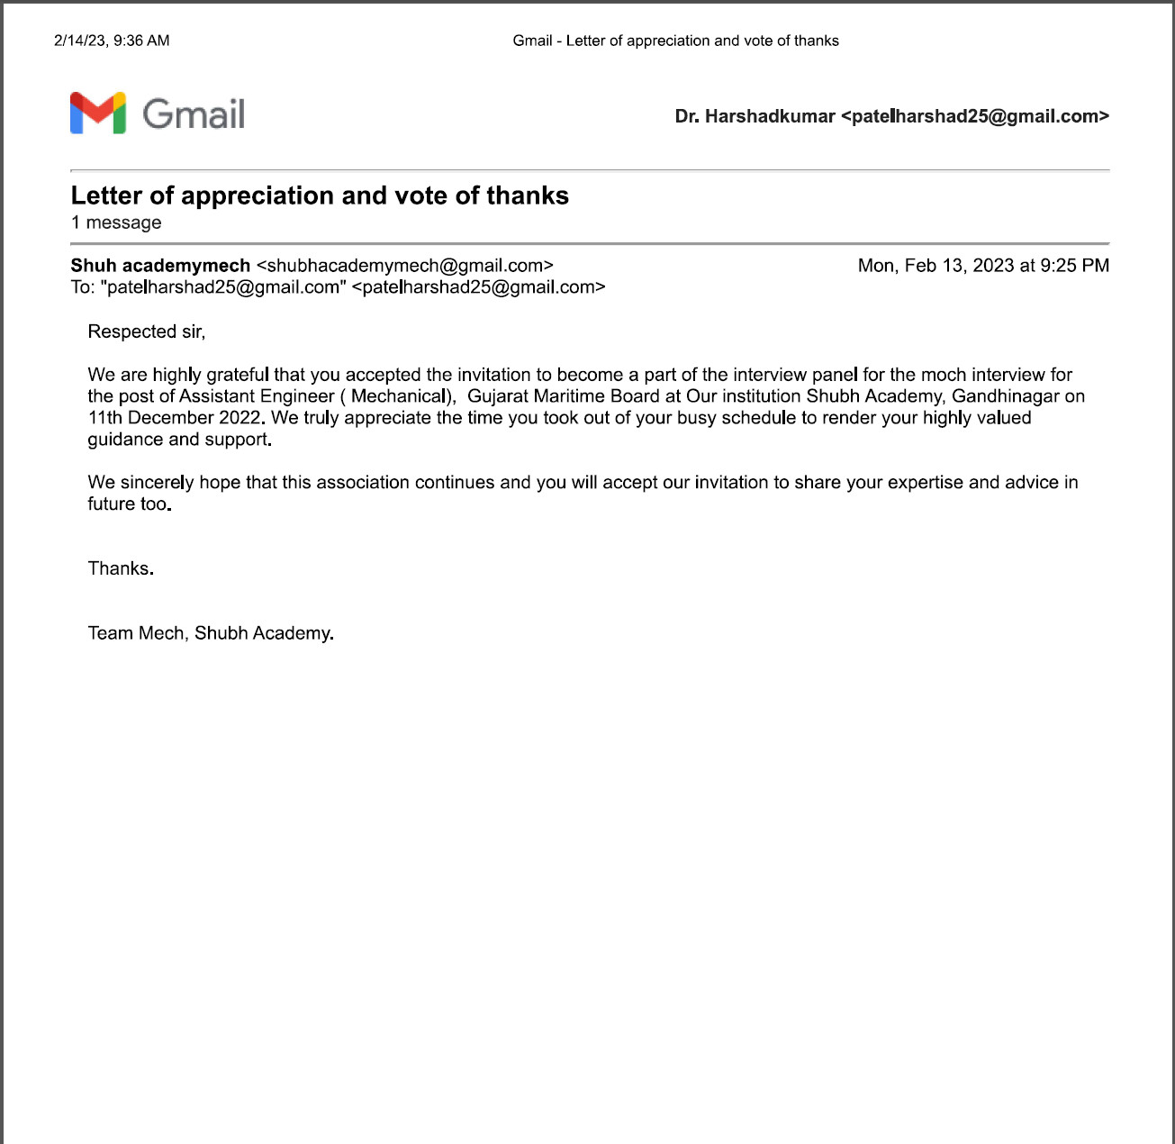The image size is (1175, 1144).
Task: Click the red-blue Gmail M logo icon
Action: pyautogui.click(x=97, y=113)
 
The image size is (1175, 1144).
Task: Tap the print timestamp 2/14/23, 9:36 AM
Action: pyautogui.click(x=112, y=41)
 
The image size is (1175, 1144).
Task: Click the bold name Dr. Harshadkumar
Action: pyautogui.click(x=755, y=116)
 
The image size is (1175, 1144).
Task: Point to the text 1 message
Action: pyautogui.click(x=116, y=222)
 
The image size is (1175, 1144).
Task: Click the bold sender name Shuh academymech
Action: pyautogui.click(x=160, y=266)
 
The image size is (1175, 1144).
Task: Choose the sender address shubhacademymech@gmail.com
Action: pyautogui.click(x=404, y=266)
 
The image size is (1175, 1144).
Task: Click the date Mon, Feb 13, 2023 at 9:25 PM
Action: pyautogui.click(x=983, y=266)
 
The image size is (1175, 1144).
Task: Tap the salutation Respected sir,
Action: pyautogui.click(x=146, y=331)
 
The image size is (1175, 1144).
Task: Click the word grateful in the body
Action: pyautogui.click(x=238, y=375)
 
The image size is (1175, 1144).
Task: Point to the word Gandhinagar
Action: pyautogui.click(x=1005, y=396)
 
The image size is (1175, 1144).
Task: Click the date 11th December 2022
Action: pyautogui.click(x=175, y=418)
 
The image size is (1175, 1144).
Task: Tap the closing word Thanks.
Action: pyautogui.click(x=121, y=568)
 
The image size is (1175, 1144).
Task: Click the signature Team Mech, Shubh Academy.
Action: pyautogui.click(x=211, y=633)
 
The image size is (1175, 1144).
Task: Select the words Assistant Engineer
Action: pyautogui.click(x=257, y=396)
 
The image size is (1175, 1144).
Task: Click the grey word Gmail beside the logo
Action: pyautogui.click(x=194, y=114)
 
